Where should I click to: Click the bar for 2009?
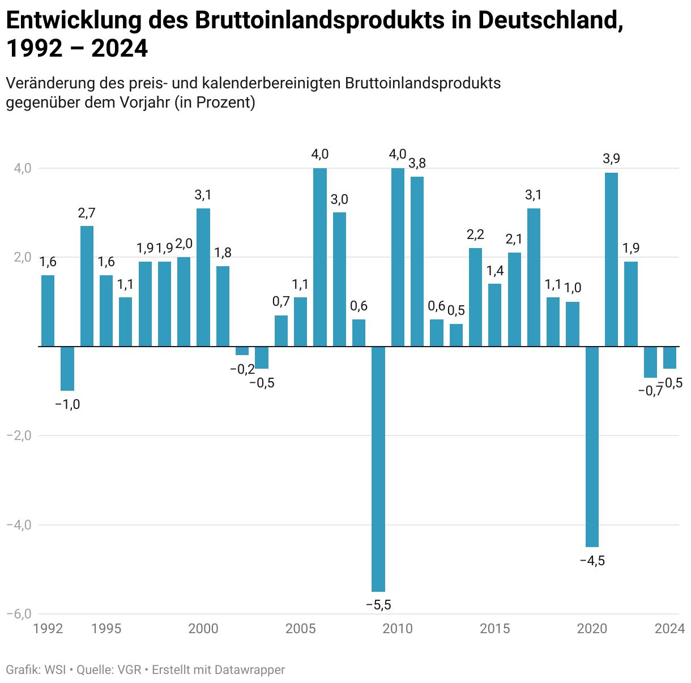tap(378, 468)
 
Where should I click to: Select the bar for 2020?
tap(592, 446)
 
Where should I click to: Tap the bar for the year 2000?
tap(203, 277)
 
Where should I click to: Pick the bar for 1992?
tap(48, 310)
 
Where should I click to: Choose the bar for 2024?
tap(669, 357)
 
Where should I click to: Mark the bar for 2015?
tap(494, 314)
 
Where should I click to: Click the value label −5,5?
tap(378, 605)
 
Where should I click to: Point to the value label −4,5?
tap(592, 561)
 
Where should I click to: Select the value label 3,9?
tap(611, 159)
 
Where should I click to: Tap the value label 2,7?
tap(87, 213)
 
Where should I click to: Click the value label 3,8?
tap(417, 164)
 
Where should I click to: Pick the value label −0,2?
tap(242, 369)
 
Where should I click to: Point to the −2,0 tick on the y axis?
tap(19, 436)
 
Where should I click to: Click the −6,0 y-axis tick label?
tap(19, 614)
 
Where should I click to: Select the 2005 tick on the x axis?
tap(300, 629)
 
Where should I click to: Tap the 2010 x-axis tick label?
tap(398, 629)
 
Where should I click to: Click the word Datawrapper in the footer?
tap(254, 669)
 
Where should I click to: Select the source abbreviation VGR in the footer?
tap(129, 669)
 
